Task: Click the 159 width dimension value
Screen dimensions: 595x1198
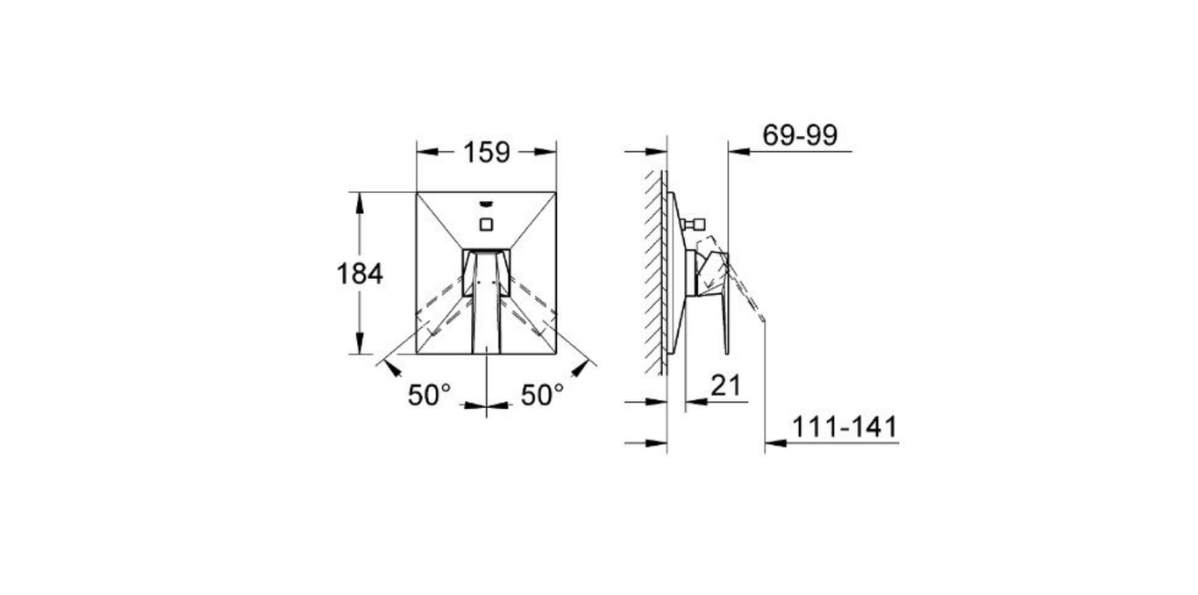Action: [x=487, y=153]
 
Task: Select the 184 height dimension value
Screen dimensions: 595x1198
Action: [x=360, y=274]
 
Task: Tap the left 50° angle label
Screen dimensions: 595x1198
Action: [x=429, y=396]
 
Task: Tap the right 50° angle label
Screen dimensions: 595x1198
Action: [x=542, y=396]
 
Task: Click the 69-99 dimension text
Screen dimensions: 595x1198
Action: [x=800, y=135]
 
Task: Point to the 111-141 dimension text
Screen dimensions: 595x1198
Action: [x=845, y=427]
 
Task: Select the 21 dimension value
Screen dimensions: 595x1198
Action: [x=726, y=385]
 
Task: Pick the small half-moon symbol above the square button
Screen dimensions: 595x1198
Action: [x=487, y=205]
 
